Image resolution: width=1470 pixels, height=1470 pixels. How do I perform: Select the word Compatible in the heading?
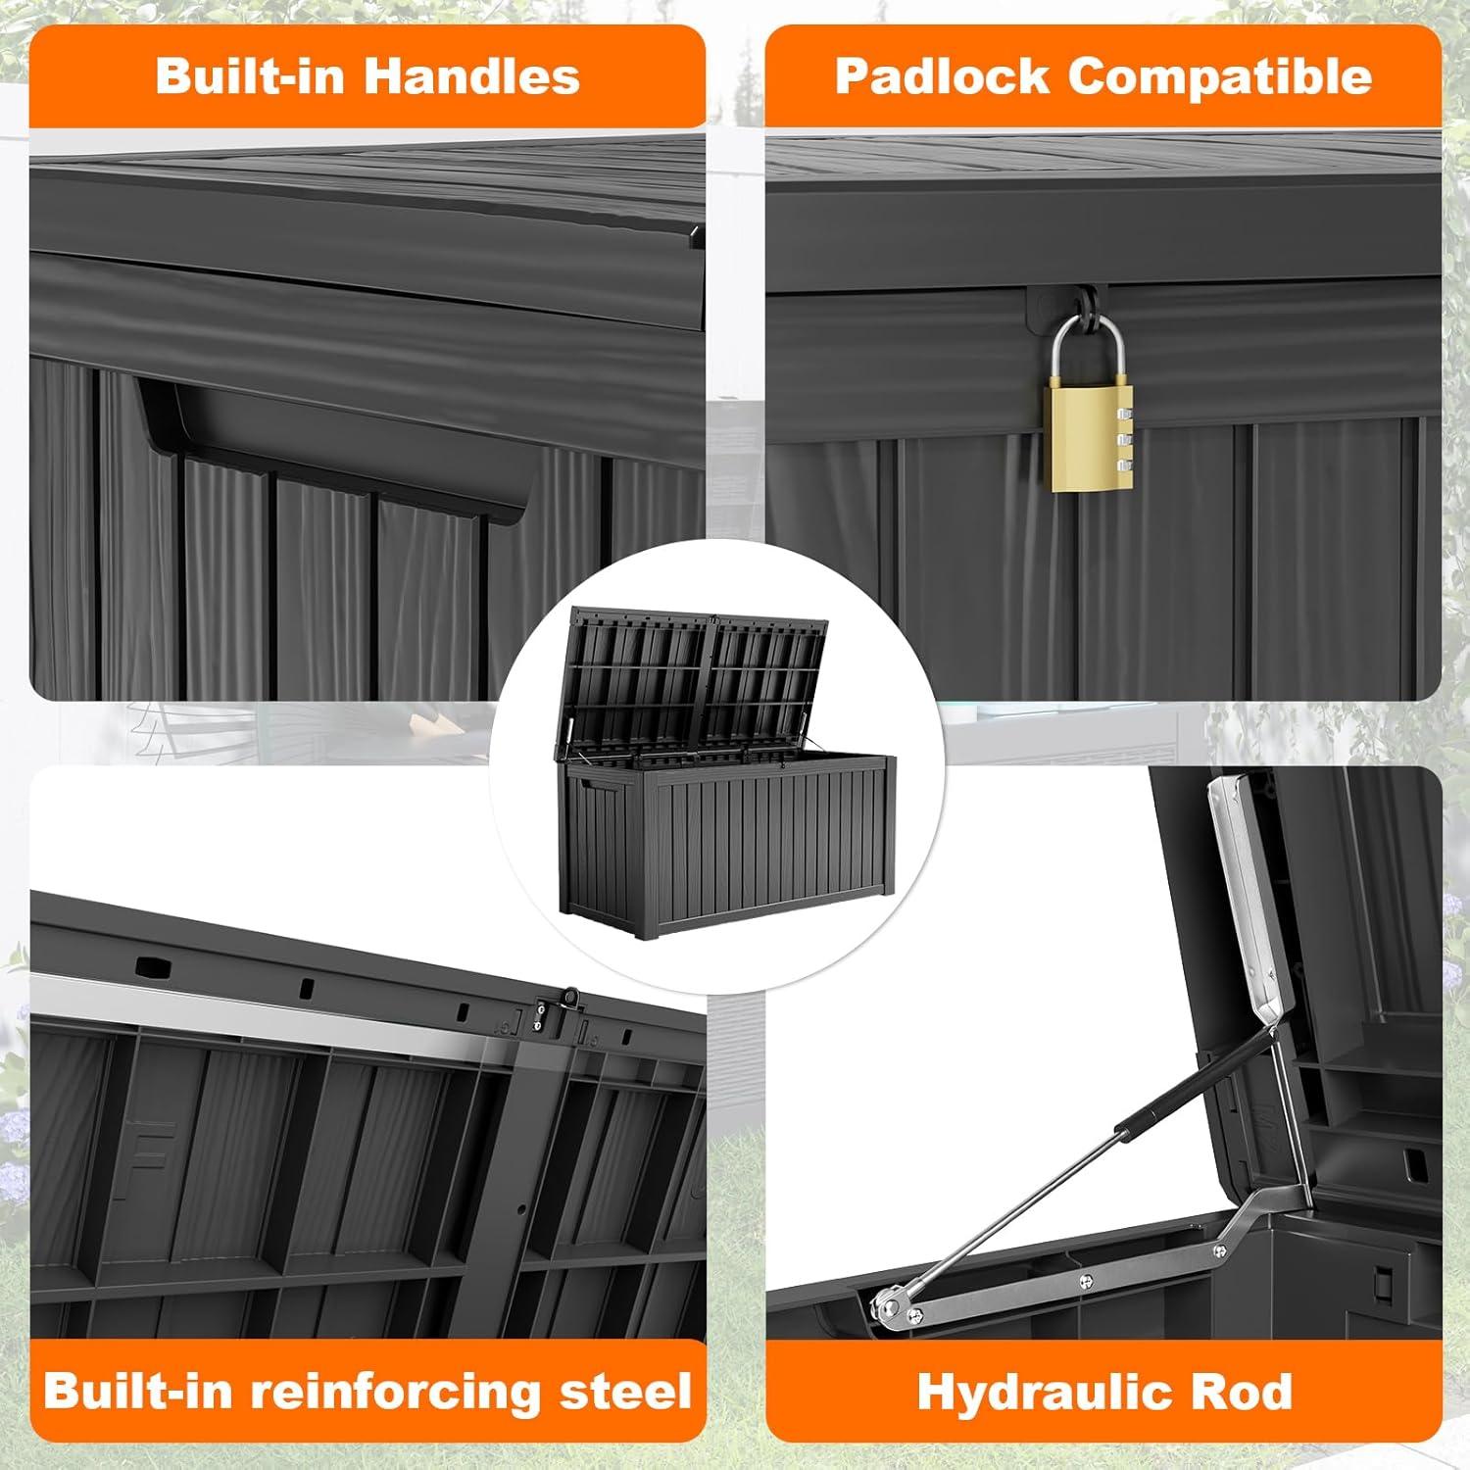(x=1219, y=76)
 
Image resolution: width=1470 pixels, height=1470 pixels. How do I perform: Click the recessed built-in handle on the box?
(x=333, y=431)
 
